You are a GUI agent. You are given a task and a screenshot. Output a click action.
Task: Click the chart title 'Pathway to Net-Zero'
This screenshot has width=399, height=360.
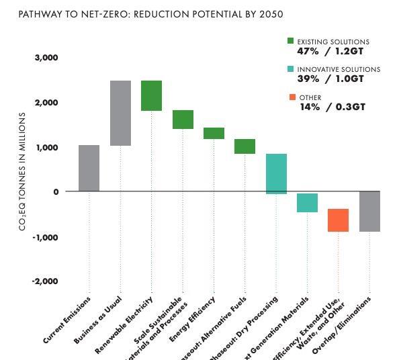pos(141,14)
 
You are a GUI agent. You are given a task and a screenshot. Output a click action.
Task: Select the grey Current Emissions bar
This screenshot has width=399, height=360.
pos(89,169)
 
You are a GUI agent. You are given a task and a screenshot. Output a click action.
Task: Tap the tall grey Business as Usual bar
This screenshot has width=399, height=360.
pos(120,113)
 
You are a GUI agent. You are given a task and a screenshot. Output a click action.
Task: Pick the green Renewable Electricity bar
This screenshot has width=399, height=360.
pos(151,95)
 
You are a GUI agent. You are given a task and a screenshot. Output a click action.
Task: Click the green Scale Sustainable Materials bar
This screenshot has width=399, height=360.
pos(183,119)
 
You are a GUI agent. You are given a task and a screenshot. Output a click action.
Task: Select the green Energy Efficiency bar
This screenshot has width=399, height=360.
pos(214,133)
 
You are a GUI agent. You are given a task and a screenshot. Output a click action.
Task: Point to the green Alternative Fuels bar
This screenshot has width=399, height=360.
pos(245,146)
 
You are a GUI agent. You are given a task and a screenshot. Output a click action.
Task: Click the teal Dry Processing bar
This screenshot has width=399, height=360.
pos(276,174)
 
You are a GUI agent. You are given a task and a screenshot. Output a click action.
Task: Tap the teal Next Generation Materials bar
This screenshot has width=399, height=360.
pos(307,203)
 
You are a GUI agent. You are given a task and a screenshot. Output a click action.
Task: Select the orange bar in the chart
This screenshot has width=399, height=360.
pos(338,220)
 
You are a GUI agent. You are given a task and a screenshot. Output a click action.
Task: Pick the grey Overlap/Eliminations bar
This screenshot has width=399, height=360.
pos(369,212)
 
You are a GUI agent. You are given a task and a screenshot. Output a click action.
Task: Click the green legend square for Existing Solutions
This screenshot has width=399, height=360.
pos(290,42)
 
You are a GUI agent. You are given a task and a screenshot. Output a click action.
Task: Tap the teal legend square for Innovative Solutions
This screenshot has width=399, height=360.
pos(290,69)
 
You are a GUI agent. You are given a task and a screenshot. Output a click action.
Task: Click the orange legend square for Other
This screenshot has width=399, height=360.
pos(290,97)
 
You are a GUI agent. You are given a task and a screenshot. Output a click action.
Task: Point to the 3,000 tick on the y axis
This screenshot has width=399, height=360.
pos(46,58)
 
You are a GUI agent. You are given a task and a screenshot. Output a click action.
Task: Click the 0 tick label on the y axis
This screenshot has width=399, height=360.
pos(56,192)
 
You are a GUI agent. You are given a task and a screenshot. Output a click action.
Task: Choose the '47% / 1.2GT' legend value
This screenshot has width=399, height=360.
pos(330,51)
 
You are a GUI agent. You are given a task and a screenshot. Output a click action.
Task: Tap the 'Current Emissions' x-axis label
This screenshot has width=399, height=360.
pos(68,320)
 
